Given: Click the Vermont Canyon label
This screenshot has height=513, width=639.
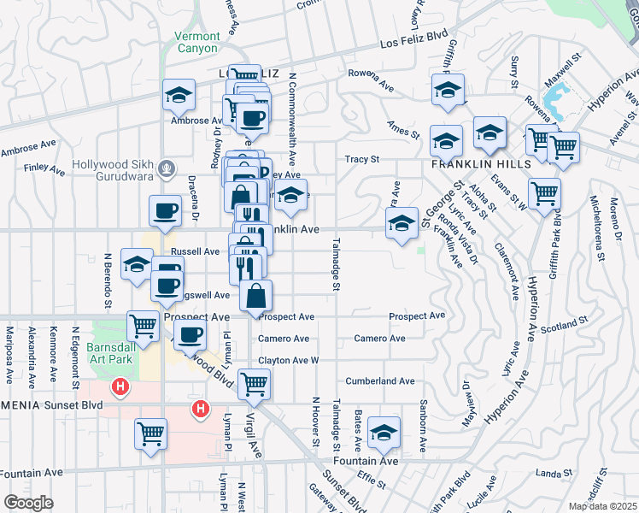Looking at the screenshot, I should point(197,43).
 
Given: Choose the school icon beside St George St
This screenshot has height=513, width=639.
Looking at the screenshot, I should point(402,223).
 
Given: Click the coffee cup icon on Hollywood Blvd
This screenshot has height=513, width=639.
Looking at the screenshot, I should point(190,335).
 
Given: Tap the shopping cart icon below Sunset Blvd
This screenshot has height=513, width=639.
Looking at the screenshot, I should point(151,433).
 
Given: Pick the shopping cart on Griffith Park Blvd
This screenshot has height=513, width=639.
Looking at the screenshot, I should point(544,192).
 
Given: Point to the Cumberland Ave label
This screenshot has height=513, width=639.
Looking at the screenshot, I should point(379,381).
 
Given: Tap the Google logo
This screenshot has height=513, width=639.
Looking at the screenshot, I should point(28,503).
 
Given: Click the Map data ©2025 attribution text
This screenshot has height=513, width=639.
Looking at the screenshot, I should point(603,506).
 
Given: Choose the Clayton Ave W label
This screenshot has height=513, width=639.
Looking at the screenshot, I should point(288,361).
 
